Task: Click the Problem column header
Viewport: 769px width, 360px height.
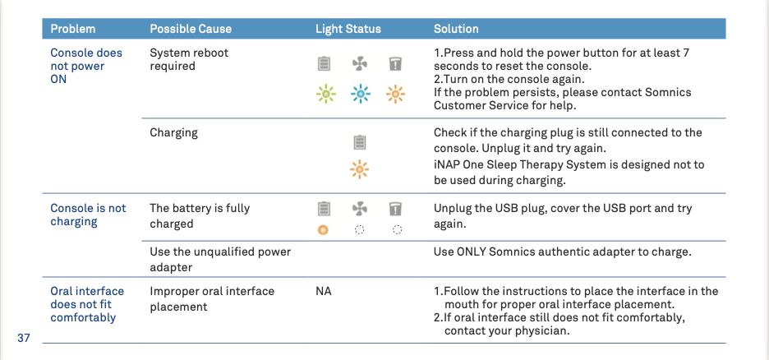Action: (72, 29)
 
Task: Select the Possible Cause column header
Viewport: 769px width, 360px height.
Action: (191, 29)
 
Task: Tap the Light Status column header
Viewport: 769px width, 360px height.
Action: (348, 29)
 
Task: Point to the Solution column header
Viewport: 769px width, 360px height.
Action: (456, 29)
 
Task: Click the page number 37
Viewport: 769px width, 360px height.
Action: (24, 338)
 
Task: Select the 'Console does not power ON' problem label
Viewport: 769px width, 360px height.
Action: (86, 66)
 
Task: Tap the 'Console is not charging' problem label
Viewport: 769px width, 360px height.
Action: (88, 215)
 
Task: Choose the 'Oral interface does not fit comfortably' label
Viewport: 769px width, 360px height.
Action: (87, 304)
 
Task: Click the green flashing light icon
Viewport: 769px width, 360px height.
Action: (325, 93)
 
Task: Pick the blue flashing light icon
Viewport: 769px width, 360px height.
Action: (361, 93)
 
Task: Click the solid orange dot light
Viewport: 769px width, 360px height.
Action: (323, 229)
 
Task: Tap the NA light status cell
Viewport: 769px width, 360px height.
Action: (324, 291)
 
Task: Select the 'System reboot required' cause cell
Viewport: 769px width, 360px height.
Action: (189, 59)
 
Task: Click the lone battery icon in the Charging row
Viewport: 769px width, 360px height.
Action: (360, 143)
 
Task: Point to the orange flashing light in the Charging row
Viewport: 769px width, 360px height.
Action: (360, 169)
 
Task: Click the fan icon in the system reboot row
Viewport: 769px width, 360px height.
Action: (360, 64)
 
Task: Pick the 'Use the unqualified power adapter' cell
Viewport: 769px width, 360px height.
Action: (220, 260)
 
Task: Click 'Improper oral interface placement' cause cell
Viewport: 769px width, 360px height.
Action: (212, 298)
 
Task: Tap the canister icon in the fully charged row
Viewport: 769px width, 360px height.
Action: (395, 209)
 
